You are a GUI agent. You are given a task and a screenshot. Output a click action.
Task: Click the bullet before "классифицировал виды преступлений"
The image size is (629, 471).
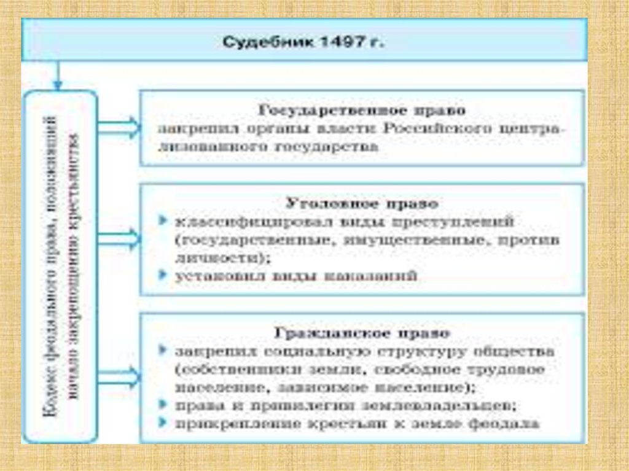tap(161, 220)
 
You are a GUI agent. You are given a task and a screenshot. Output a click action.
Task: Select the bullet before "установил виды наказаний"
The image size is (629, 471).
tap(161, 276)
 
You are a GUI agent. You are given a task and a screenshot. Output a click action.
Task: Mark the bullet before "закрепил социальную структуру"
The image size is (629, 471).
tap(161, 352)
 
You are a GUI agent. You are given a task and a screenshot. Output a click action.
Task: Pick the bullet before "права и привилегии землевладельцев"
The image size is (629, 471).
tap(161, 405)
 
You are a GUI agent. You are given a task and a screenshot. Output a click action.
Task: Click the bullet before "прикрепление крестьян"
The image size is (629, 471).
tap(161, 424)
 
